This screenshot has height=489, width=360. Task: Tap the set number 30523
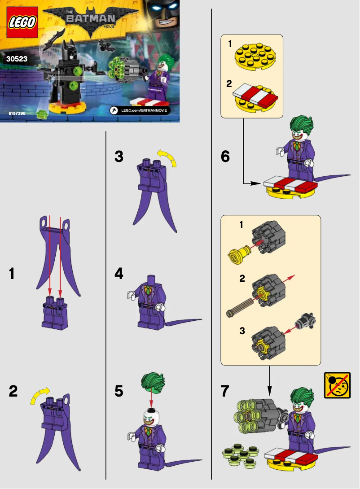coord(17,59)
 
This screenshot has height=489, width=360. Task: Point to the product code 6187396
coord(17,114)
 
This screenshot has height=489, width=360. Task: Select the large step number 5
coord(119,391)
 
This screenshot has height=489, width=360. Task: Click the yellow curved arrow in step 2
coord(39,395)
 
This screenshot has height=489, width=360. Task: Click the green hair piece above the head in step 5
coord(151,381)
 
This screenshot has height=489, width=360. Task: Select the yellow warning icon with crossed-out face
coord(337,385)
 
